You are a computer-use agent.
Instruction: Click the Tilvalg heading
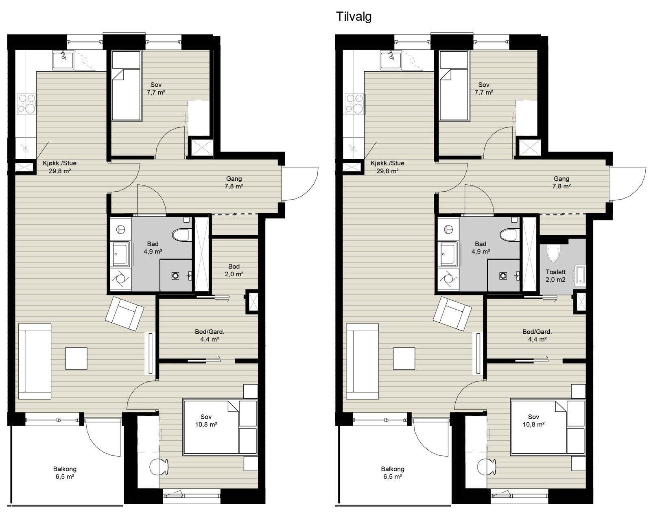(354, 17)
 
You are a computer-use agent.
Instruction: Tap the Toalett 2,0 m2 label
(555, 276)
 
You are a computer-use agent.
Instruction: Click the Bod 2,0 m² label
(234, 270)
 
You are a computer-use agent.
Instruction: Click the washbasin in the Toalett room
(580, 276)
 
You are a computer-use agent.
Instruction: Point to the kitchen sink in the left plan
(63, 60)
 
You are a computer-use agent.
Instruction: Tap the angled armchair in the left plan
(125, 313)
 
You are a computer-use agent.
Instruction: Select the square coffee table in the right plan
(404, 359)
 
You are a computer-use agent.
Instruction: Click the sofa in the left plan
(35, 362)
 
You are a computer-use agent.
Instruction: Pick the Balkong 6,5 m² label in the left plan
(65, 473)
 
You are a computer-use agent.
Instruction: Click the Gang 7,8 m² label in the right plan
(561, 182)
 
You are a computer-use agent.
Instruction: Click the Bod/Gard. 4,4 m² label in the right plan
(537, 336)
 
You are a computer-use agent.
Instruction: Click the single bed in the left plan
(127, 86)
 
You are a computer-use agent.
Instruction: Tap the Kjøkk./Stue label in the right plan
(387, 163)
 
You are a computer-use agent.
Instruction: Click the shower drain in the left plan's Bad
(175, 276)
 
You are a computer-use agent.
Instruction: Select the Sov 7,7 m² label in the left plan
(156, 89)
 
